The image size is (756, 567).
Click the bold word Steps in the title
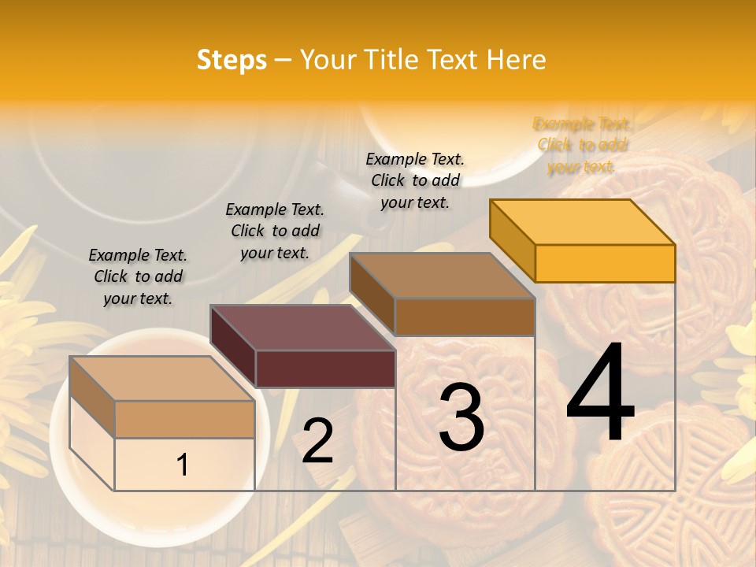pyautogui.click(x=232, y=60)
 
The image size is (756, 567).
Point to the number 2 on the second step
pyautogui.click(x=317, y=441)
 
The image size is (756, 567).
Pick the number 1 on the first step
pyautogui.click(x=183, y=465)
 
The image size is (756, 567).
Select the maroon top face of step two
pyautogui.click(x=303, y=328)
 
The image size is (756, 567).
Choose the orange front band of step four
pyautogui.click(x=605, y=263)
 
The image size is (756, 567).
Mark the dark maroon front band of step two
pyautogui.click(x=325, y=369)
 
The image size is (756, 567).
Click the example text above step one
pyautogui.click(x=138, y=276)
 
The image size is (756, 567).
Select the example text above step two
pyautogui.click(x=275, y=231)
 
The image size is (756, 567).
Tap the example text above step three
pyautogui.click(x=415, y=180)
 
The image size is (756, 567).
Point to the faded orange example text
pyautogui.click(x=582, y=145)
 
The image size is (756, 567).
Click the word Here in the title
pyautogui.click(x=517, y=60)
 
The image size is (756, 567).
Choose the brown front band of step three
pyautogui.click(x=465, y=317)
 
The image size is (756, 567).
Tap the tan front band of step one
pyautogui.click(x=184, y=419)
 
